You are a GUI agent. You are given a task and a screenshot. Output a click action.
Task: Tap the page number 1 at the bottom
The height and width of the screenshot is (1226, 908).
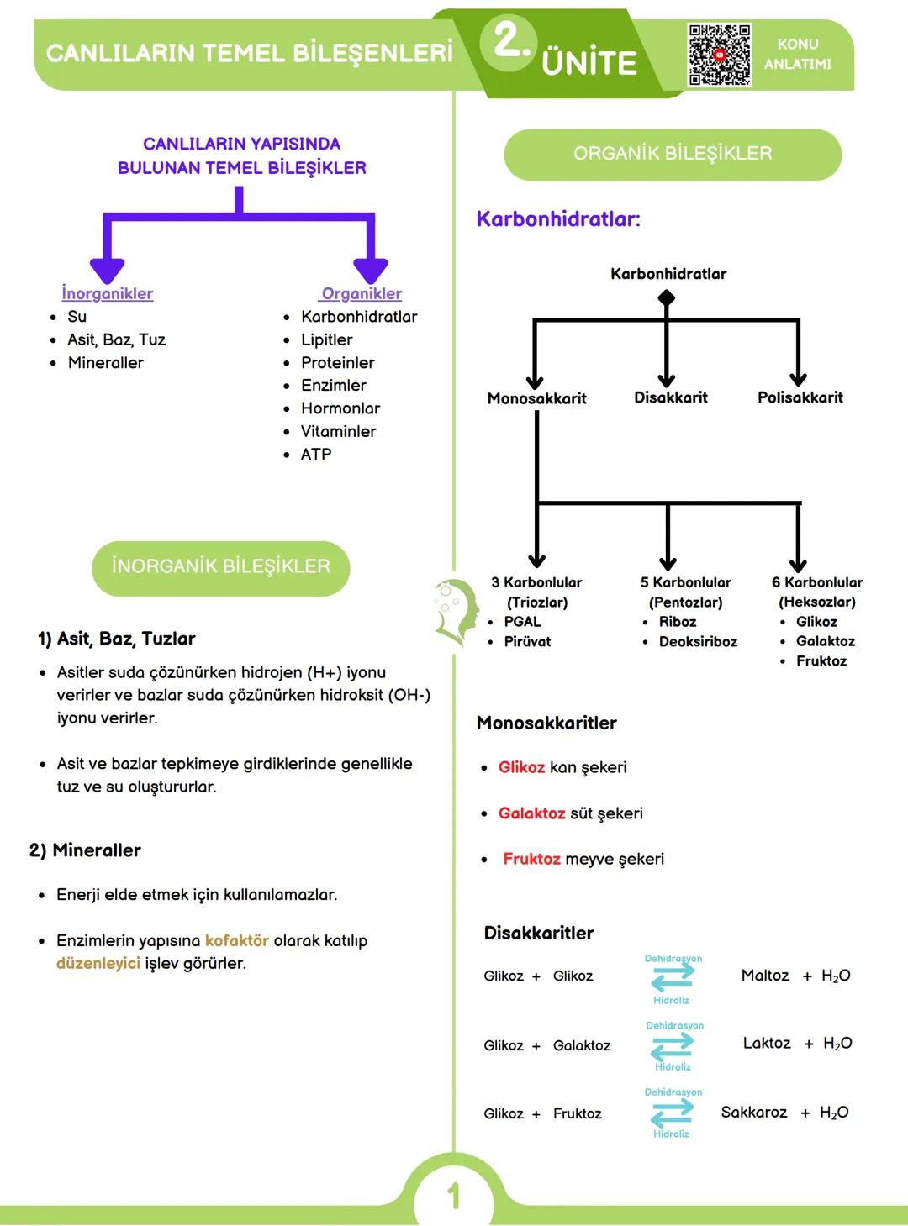point(454,1195)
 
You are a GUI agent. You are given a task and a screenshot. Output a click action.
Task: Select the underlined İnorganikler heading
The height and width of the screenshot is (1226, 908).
point(108,293)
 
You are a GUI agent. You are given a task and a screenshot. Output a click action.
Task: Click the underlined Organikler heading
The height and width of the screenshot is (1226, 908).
point(362,293)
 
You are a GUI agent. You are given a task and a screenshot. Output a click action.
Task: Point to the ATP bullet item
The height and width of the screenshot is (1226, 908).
point(316,454)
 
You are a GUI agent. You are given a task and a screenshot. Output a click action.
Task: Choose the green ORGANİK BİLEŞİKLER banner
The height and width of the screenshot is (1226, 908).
point(673,154)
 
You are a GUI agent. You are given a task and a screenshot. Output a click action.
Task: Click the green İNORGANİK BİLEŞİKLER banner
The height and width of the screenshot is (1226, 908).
point(220,567)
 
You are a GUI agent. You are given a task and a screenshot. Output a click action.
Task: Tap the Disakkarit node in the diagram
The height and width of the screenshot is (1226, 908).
point(671,397)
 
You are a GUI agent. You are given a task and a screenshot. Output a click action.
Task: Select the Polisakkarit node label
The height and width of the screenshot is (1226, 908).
point(800,397)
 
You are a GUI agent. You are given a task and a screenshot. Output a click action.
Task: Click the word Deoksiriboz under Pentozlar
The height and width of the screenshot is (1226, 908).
point(698,641)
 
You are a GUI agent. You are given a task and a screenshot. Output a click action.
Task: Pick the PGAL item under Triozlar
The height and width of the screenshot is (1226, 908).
point(523,622)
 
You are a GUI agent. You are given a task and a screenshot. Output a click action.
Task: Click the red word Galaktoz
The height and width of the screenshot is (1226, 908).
point(531,813)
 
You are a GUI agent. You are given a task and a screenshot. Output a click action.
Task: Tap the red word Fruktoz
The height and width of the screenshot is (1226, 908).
point(531,859)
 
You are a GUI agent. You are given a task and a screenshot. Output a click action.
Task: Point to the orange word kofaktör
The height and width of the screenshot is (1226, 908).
point(237,940)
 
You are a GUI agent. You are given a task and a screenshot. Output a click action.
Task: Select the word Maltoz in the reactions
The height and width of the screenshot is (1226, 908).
point(765,976)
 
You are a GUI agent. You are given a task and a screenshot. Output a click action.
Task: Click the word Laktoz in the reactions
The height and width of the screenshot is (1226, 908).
point(767,1043)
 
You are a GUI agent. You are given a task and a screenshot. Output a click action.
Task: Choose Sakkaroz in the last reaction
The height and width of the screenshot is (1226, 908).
point(754,1113)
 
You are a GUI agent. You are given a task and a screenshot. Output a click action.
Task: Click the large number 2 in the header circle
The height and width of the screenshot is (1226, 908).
point(509,40)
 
